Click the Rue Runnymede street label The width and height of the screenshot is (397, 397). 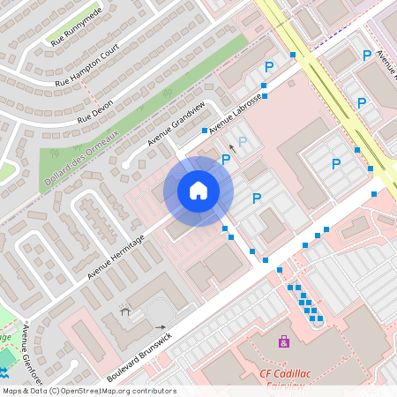click(x=77, y=26)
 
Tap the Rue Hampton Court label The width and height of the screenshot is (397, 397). click(x=86, y=71)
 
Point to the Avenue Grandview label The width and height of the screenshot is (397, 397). click(x=176, y=124)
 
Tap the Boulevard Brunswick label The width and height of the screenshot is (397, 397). click(x=139, y=356)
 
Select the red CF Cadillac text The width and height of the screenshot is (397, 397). click(x=289, y=373)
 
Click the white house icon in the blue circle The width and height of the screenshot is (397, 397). click(x=198, y=191)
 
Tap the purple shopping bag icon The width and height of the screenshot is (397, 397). click(x=283, y=341)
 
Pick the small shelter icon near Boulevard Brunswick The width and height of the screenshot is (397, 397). click(x=124, y=311)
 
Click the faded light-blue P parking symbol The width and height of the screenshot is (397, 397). click(x=242, y=141)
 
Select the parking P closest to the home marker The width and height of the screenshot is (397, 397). click(x=226, y=160)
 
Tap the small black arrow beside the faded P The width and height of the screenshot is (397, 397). click(x=232, y=147)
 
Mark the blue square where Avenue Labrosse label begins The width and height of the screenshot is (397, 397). click(x=205, y=131)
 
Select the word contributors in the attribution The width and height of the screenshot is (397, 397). click(x=155, y=391)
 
